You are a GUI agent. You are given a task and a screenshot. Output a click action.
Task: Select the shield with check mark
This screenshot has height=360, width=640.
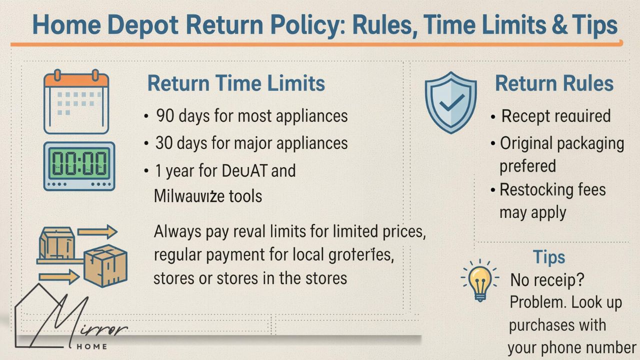pyautogui.click(x=450, y=102)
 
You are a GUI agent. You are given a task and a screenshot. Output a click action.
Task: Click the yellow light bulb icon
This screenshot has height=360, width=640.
pyautogui.click(x=480, y=280)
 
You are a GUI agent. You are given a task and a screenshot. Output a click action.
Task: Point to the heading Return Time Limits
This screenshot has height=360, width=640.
pyautogui.click(x=236, y=83)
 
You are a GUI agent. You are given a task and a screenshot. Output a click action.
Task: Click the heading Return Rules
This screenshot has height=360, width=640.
pyautogui.click(x=554, y=83)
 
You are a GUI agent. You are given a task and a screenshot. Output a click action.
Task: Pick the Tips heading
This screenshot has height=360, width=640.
pyautogui.click(x=549, y=257)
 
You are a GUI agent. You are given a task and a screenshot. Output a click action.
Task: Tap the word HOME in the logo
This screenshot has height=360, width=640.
pyautogui.click(x=90, y=346)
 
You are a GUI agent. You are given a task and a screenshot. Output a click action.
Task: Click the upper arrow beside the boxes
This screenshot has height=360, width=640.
pyautogui.click(x=97, y=231)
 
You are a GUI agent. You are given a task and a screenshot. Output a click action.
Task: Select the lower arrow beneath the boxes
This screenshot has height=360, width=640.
pyautogui.click(x=58, y=276)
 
